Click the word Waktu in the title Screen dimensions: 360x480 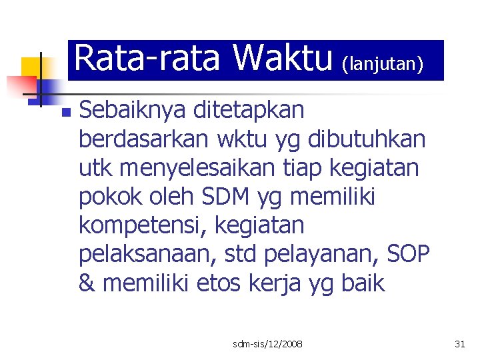coord(283,59)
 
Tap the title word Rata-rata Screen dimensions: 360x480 coord(147,59)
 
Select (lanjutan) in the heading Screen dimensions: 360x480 coord(383,64)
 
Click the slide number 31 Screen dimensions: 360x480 coord(459,344)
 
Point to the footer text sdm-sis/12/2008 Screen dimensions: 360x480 coord(267,344)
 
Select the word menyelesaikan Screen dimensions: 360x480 coord(205,169)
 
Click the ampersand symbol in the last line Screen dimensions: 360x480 coord(87,284)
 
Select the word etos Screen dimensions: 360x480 coord(223,284)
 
